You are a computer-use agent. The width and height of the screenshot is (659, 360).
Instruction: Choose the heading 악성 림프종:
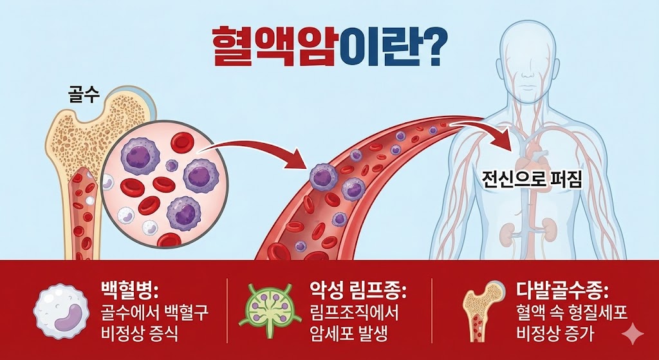click(357, 289)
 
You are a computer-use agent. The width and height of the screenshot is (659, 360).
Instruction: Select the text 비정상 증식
click(139, 335)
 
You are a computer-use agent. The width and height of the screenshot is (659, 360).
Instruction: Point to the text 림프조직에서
click(355, 312)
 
